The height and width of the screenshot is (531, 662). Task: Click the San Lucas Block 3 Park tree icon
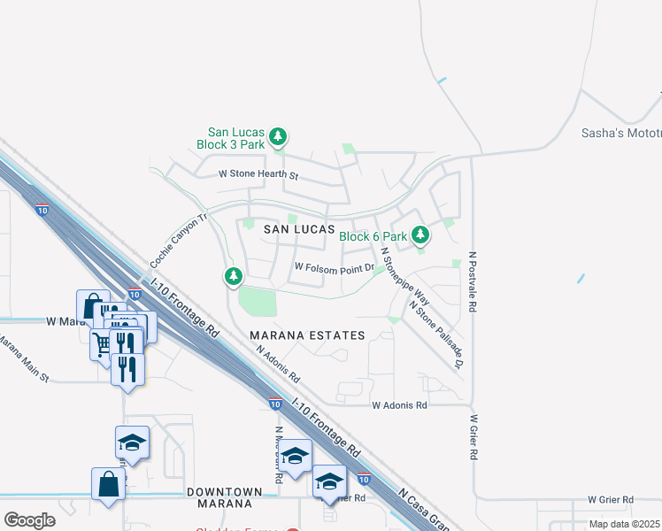pos(279,136)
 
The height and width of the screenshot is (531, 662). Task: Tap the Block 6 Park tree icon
pos(420,235)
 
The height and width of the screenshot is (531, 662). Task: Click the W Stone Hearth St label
pos(258,175)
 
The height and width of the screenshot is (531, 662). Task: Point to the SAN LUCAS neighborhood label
pos(295,228)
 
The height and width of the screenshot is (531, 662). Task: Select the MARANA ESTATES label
pos(307,335)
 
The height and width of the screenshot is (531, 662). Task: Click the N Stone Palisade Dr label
pos(435,333)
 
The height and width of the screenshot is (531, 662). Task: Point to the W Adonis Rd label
pos(399,405)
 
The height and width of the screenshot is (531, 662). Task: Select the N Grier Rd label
pos(474,437)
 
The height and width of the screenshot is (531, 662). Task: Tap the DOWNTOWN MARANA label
pos(224,492)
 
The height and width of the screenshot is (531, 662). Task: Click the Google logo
pos(29,519)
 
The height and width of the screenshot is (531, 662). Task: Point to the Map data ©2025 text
pos(625,524)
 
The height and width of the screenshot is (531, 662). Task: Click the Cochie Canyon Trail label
pos(179,241)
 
